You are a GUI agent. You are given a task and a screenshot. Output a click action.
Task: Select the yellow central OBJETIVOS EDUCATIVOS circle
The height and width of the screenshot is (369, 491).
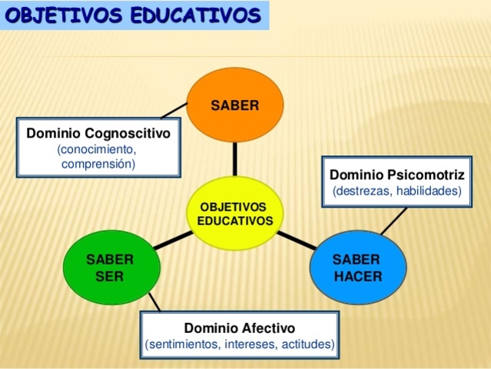[x=234, y=213]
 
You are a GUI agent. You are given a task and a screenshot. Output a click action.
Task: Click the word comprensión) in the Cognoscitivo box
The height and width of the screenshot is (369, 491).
[x=98, y=164]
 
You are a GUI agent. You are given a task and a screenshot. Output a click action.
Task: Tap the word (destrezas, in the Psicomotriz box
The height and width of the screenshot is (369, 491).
[x=362, y=191]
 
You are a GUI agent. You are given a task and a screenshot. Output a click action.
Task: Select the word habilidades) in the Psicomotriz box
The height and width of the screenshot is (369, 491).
[x=429, y=191]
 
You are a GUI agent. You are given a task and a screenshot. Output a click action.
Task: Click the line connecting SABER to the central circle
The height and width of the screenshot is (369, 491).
[x=234, y=159]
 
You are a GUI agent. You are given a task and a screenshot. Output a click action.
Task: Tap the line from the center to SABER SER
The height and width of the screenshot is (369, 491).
[x=172, y=241]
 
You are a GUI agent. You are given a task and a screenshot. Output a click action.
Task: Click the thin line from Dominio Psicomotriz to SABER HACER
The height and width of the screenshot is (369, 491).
[x=393, y=221]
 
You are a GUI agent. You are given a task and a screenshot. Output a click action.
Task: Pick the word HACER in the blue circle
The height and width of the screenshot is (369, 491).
[x=357, y=276]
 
